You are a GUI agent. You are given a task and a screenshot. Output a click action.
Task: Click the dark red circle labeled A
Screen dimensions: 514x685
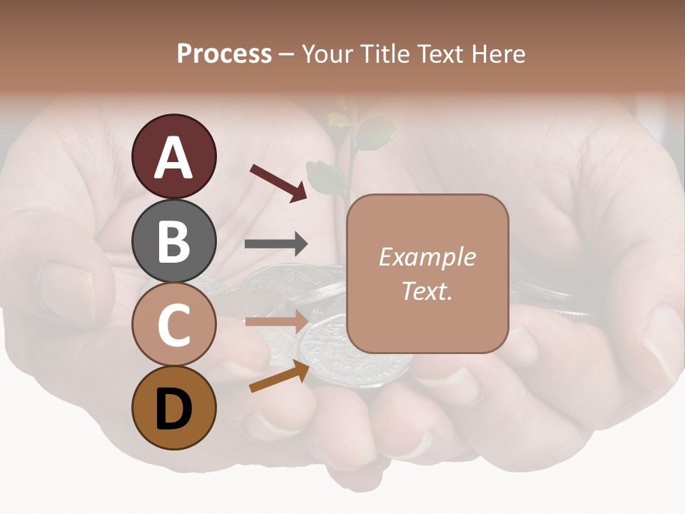click(x=173, y=156)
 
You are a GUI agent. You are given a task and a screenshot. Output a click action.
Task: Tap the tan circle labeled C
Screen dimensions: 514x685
click(x=173, y=324)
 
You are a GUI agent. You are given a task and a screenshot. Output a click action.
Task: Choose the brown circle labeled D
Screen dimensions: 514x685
click(x=173, y=408)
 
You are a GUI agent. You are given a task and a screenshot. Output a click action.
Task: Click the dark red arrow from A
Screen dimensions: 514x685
click(x=278, y=182)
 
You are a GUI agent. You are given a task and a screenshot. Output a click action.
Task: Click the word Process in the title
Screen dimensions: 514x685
click(x=224, y=54)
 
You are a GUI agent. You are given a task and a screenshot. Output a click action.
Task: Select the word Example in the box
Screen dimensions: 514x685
click(x=427, y=257)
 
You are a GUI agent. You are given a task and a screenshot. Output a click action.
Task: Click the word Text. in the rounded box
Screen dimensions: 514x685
click(x=427, y=291)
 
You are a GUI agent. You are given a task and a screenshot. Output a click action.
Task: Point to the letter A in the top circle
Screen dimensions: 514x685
click(x=173, y=157)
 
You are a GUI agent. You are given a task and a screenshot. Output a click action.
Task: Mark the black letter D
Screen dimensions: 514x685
click(x=173, y=408)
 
